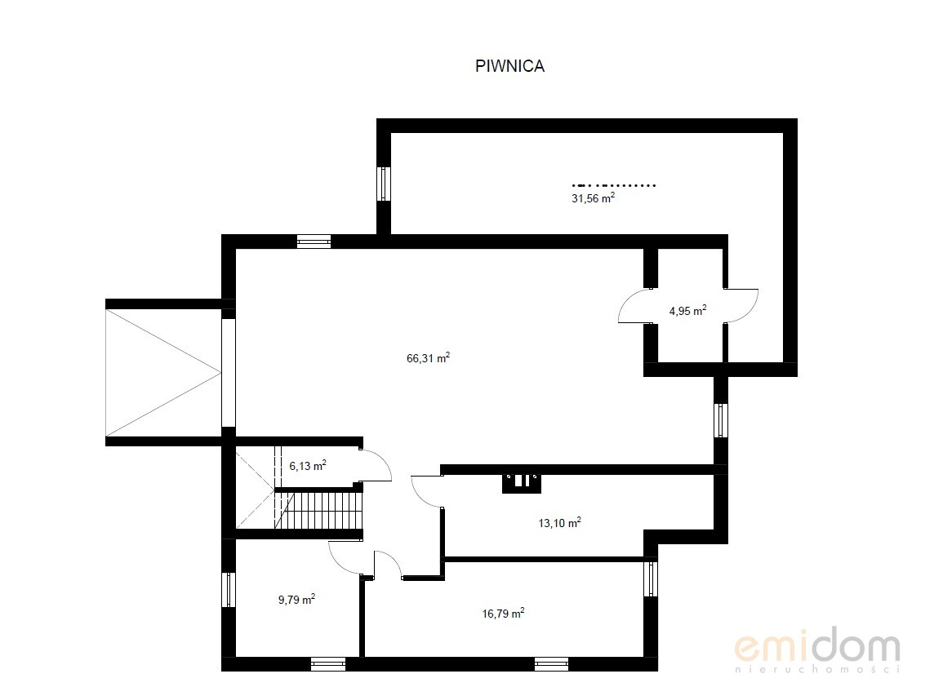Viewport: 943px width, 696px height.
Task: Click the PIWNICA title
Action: click(x=510, y=66)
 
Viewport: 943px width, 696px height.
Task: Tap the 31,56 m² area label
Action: click(x=593, y=197)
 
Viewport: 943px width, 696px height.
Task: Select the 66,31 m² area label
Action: click(x=428, y=358)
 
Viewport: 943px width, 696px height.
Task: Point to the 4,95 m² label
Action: click(x=687, y=311)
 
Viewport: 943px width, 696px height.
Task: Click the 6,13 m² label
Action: click(x=308, y=465)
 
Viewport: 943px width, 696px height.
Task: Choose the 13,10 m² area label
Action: click(x=559, y=523)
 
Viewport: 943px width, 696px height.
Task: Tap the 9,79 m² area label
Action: click(x=296, y=599)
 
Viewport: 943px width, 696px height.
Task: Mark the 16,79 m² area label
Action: click(x=504, y=613)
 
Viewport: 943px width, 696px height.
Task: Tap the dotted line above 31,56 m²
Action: click(x=613, y=185)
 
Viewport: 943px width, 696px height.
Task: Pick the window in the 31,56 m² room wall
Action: click(x=384, y=184)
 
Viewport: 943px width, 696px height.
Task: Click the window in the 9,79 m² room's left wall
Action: click(x=229, y=590)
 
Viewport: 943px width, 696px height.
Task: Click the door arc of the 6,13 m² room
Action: click(x=383, y=461)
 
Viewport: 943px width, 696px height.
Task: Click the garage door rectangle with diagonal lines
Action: click(x=163, y=373)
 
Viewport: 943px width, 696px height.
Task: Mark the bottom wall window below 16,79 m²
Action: click(x=551, y=663)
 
